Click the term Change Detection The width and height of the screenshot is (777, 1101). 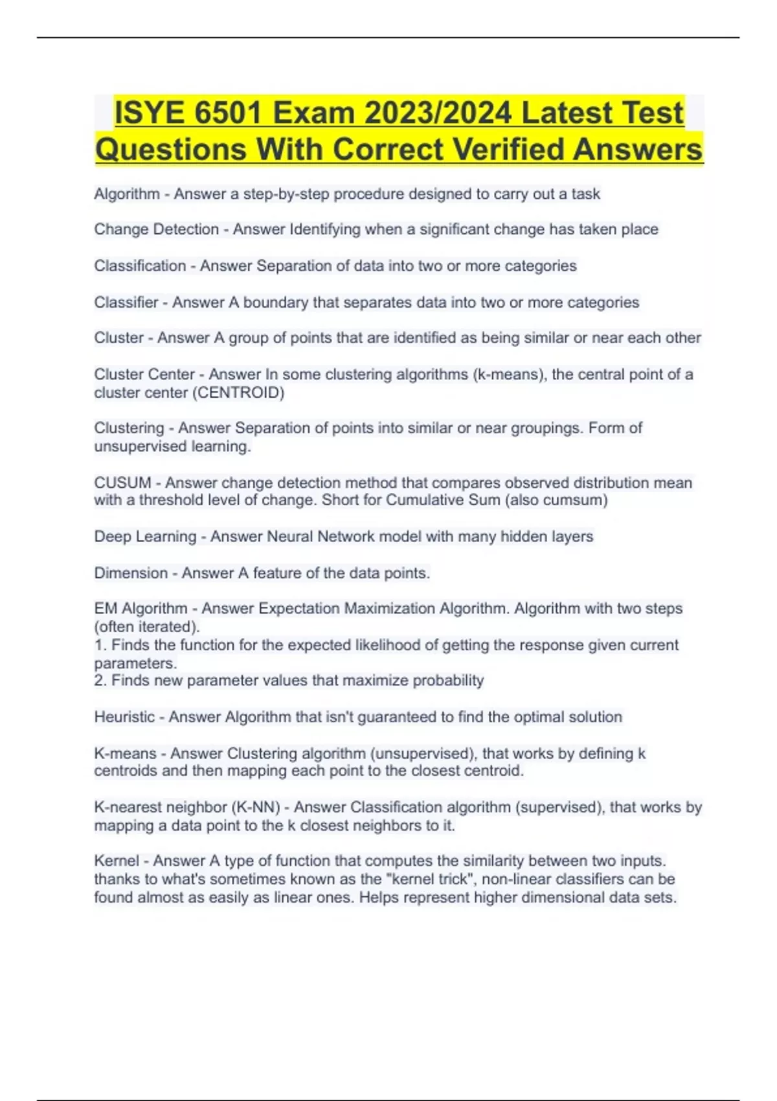156,229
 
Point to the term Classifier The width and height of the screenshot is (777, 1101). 126,302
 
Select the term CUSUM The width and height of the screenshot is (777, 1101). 122,482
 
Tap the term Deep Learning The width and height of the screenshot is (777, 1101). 145,536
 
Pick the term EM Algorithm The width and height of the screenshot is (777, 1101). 141,609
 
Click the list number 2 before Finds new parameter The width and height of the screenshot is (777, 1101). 99,681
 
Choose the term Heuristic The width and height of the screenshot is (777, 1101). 124,717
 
